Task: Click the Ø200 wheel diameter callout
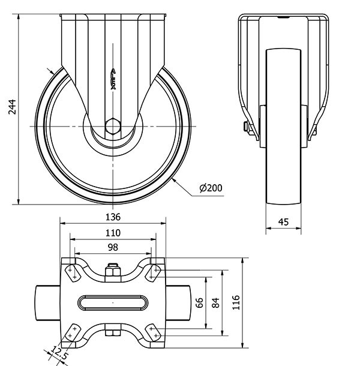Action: pyautogui.click(x=211, y=188)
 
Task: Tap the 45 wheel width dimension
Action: pyautogui.click(x=283, y=222)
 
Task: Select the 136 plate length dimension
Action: pyautogui.click(x=113, y=217)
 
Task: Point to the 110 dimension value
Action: pyautogui.click(x=113, y=233)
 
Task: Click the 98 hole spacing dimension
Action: pyautogui.click(x=113, y=247)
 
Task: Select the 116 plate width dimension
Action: pyautogui.click(x=236, y=302)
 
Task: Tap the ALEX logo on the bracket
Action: pyautogui.click(x=113, y=79)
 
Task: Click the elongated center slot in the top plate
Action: pyautogui.click(x=113, y=302)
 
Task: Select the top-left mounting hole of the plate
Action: pyautogui.click(x=73, y=272)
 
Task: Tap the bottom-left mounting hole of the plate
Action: pyautogui.click(x=73, y=332)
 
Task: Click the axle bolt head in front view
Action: pyautogui.click(x=247, y=127)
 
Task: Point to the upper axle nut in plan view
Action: pyautogui.click(x=113, y=273)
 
